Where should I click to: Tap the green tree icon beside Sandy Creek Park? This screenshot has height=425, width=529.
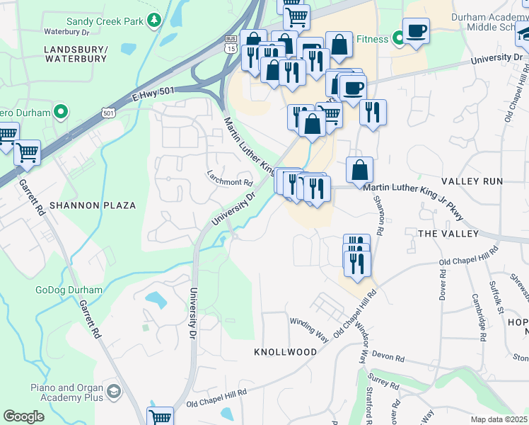coord(154,21)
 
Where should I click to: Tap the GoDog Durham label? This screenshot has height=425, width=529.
coord(69,290)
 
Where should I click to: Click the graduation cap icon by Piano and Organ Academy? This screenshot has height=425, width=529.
coord(113,392)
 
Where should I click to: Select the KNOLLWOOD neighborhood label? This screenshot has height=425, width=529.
coord(285,351)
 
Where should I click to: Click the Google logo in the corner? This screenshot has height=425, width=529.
coord(23,416)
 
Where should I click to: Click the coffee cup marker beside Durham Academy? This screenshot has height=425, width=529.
coord(416,31)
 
